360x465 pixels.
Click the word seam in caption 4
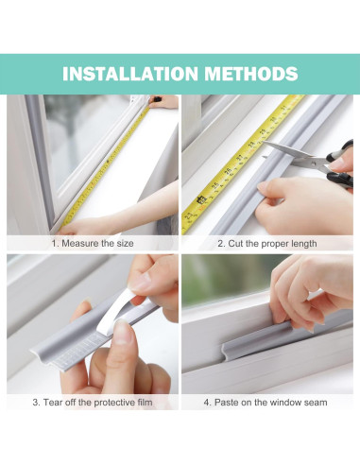[x=313, y=402]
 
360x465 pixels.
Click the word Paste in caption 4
[x=226, y=402]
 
